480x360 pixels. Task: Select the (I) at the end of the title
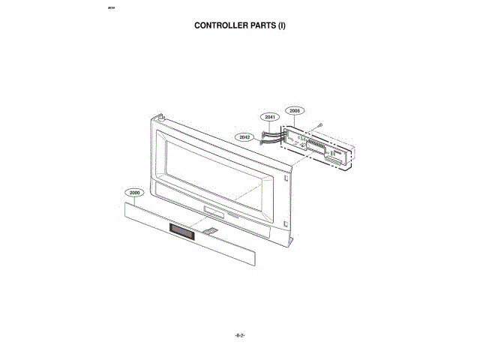point(283,25)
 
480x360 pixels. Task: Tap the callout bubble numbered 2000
point(134,193)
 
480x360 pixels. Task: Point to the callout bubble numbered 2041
point(270,117)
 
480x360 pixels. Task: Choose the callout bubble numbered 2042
point(244,137)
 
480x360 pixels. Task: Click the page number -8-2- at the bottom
point(240,335)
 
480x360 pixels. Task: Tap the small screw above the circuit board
point(320,125)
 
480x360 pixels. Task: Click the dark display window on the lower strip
point(181,232)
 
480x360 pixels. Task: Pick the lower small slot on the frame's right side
point(286,222)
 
